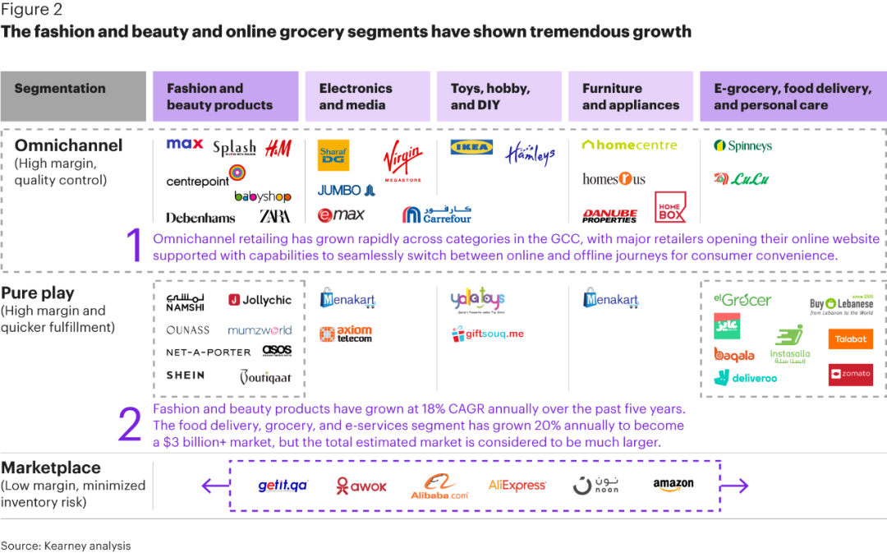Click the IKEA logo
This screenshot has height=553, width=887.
pyautogui.click(x=471, y=147)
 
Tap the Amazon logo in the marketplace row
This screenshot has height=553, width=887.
pyautogui.click(x=673, y=485)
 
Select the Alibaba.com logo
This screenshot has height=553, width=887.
pyautogui.click(x=439, y=486)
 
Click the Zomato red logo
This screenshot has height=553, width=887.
pyautogui.click(x=850, y=374)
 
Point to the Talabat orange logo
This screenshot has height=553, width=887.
pyautogui.click(x=850, y=339)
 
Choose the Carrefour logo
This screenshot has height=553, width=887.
pyautogui.click(x=437, y=214)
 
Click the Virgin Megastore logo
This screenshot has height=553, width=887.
pyautogui.click(x=402, y=160)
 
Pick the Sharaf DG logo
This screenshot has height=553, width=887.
pyautogui.click(x=333, y=155)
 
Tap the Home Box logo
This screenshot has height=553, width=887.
pyautogui.click(x=670, y=207)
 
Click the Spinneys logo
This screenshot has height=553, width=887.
pyautogui.click(x=743, y=146)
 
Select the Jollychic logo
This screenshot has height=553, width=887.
pyautogui.click(x=260, y=300)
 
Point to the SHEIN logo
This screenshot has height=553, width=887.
pyautogui.click(x=185, y=375)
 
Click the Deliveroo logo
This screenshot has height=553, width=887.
pyautogui.click(x=745, y=378)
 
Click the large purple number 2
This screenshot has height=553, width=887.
pyautogui.click(x=131, y=425)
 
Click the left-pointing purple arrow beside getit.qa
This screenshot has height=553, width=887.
pyautogui.click(x=215, y=486)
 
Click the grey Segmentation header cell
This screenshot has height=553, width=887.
pyautogui.click(x=73, y=96)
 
